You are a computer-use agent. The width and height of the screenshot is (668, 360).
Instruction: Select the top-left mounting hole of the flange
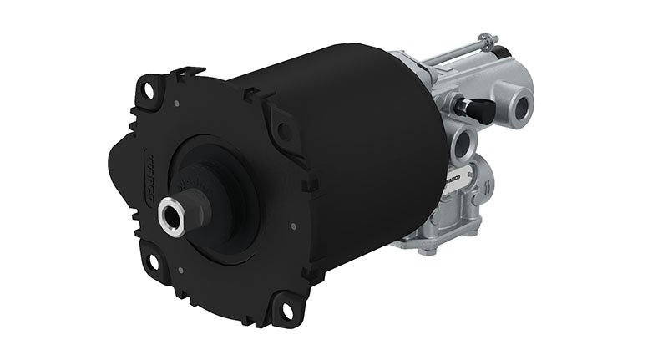coord(151,88)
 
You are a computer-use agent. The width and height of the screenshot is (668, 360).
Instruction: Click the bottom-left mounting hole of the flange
coord(152,261)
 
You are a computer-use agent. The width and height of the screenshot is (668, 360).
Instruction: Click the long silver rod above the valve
coord(451,52)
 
